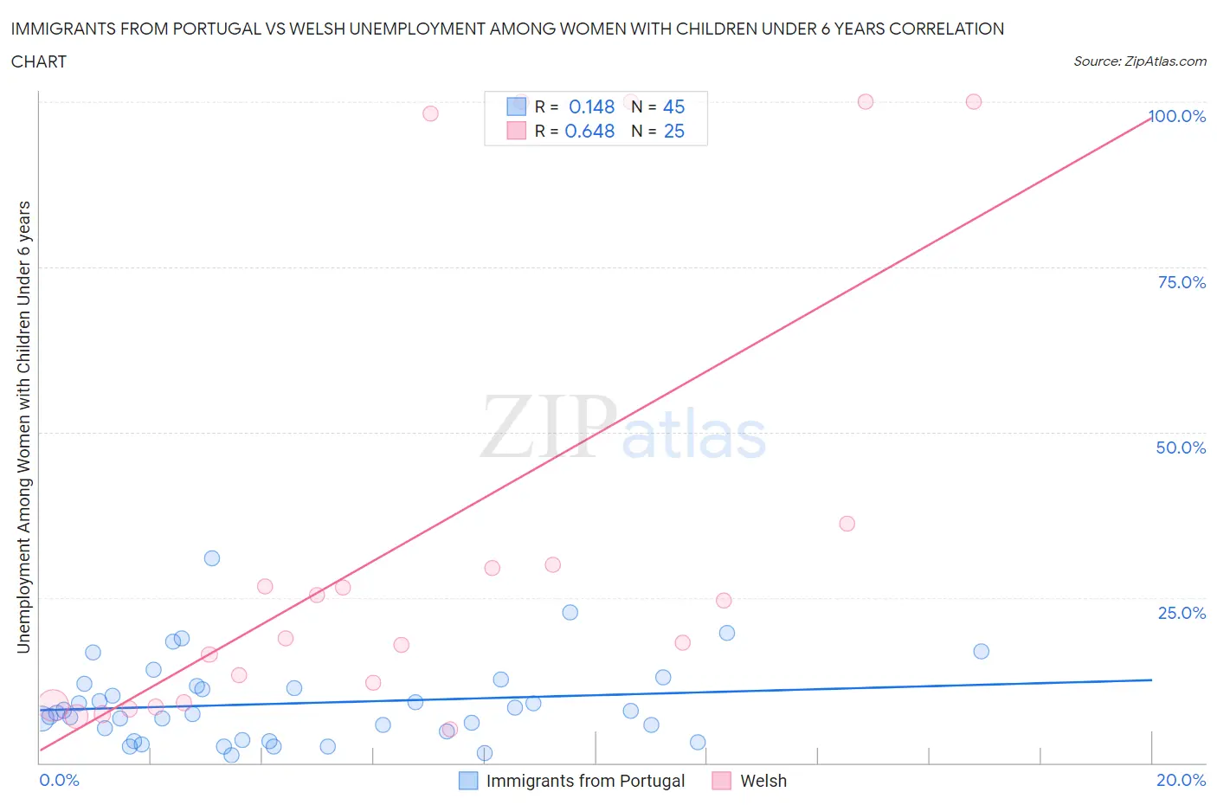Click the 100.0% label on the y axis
click(x=1177, y=116)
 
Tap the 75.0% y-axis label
click(x=1182, y=282)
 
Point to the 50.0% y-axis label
click(x=1181, y=448)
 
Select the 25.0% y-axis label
click(x=1182, y=613)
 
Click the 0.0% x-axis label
click(x=59, y=780)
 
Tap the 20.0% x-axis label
click(x=1181, y=780)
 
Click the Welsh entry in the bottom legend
click(x=763, y=781)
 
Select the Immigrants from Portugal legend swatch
click(x=468, y=781)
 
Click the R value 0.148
click(x=591, y=106)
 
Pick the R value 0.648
click(x=589, y=131)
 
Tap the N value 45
click(x=673, y=106)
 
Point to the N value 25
click(x=673, y=131)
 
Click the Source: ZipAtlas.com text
click(x=1139, y=61)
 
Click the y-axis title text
click(x=23, y=427)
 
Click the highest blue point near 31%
click(x=212, y=558)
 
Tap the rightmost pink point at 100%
click(x=974, y=101)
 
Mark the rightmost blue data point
click(x=981, y=651)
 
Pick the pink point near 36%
click(x=847, y=524)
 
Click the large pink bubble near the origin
click(x=53, y=706)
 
